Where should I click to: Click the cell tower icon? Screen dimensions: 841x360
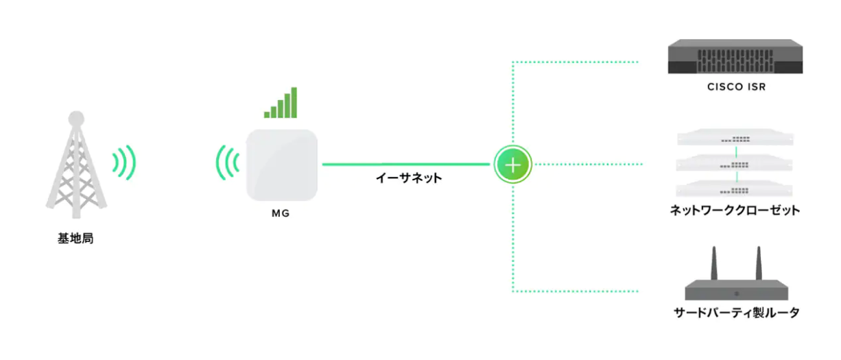tap(76, 165)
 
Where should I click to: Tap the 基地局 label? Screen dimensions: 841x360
tap(75, 239)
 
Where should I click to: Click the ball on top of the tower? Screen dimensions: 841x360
tap(76, 118)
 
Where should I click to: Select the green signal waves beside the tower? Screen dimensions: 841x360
tap(124, 163)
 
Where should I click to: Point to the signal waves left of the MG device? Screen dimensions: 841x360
tap(228, 163)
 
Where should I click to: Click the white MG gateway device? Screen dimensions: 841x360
tap(281, 165)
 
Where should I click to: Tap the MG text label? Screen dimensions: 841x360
tap(281, 213)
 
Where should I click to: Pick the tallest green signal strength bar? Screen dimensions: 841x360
tap(294, 102)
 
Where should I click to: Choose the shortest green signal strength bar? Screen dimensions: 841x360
tap(267, 115)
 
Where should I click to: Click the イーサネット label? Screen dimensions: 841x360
tap(409, 178)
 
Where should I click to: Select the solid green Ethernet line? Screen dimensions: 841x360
tap(406, 164)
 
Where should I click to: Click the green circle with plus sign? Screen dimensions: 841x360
tap(513, 165)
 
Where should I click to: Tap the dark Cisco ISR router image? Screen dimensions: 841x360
tap(735, 56)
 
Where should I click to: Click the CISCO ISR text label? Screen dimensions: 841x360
tap(736, 86)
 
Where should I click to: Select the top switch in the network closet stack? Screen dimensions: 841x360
tap(735, 137)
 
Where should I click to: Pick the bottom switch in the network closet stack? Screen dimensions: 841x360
tap(735, 189)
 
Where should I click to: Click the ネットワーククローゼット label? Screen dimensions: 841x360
tap(735, 211)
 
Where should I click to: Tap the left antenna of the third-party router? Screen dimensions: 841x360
tap(714, 263)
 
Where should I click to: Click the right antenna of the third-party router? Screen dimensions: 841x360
tap(759, 263)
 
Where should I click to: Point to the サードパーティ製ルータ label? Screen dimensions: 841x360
tap(737, 313)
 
